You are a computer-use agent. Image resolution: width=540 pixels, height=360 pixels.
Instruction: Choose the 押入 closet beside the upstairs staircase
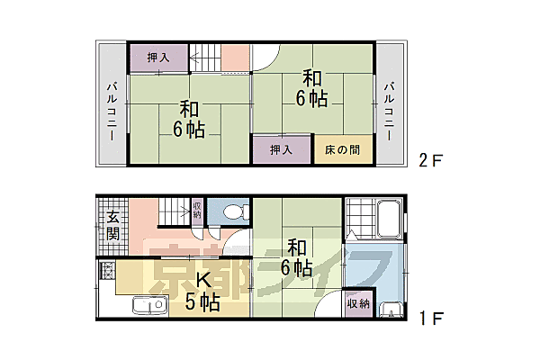(157, 58)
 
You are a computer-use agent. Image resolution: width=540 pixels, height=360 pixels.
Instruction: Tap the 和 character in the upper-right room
(312, 76)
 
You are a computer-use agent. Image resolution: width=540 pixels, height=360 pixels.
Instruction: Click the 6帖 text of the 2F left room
(189, 130)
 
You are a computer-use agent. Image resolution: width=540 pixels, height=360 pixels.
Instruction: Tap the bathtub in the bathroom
(389, 219)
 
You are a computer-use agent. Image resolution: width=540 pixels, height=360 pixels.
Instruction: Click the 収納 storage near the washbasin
(357, 304)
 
